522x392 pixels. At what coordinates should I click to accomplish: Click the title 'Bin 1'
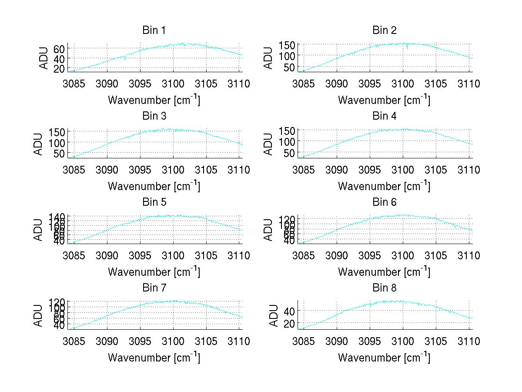(154, 30)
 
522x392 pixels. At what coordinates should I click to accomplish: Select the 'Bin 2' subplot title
(384, 30)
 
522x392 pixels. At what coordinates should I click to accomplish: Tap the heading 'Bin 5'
(154, 202)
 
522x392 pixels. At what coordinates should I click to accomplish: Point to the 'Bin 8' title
(384, 288)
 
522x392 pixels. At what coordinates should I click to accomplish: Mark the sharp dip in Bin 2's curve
(407, 48)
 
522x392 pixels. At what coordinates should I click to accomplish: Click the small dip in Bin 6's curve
(455, 227)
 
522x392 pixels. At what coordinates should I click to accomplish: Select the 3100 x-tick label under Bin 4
(403, 170)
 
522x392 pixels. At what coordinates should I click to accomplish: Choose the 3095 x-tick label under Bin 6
(370, 256)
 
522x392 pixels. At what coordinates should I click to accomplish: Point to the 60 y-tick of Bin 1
(59, 48)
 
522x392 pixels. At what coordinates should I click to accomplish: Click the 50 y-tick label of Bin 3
(60, 153)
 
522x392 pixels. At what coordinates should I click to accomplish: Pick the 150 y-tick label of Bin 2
(287, 44)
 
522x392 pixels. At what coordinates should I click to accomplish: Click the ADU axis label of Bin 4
(268, 144)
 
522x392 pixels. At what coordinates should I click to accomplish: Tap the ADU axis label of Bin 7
(38, 315)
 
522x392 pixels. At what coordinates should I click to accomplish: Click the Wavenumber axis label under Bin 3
(154, 186)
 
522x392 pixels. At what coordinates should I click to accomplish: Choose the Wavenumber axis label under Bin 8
(384, 358)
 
